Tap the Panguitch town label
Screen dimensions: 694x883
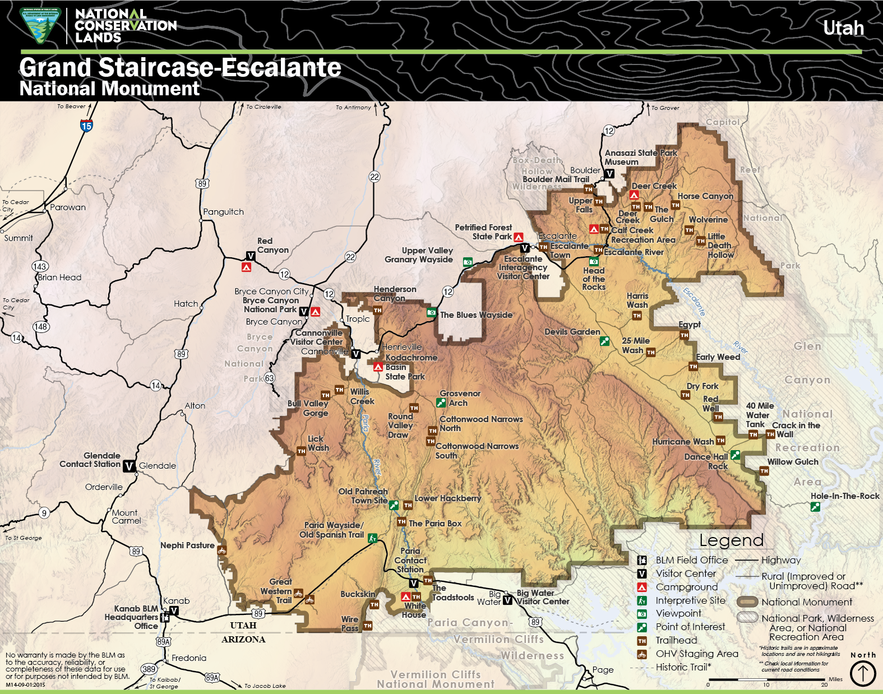coord(223,212)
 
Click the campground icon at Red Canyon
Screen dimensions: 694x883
coord(246,267)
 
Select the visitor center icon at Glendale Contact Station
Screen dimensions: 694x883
coord(129,466)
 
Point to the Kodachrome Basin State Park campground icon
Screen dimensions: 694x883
coord(378,367)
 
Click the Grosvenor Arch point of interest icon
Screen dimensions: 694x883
coord(441,402)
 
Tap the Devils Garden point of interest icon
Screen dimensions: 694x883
coord(604,341)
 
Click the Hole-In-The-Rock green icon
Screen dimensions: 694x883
coord(815,507)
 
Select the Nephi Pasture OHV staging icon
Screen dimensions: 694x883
coord(221,550)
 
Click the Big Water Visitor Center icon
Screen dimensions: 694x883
coord(507,600)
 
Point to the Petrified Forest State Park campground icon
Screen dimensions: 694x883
coord(519,237)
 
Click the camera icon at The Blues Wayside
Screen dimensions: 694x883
coord(431,313)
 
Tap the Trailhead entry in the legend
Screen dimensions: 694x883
coord(676,640)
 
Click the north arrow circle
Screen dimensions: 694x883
coord(863,673)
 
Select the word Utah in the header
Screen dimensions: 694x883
coord(843,28)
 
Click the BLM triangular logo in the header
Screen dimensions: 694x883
coord(39,25)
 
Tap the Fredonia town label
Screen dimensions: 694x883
coord(189,658)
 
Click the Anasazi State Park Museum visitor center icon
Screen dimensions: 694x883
coord(609,174)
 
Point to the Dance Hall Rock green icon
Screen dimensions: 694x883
coord(735,455)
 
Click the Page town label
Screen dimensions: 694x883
coord(603,670)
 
